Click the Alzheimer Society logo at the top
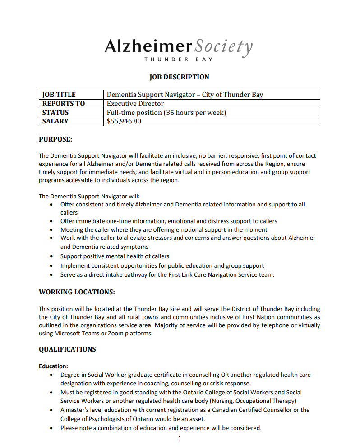click(x=179, y=47)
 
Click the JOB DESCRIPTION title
click(x=179, y=77)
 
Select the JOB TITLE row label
click(x=59, y=95)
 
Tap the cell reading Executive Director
click(x=135, y=104)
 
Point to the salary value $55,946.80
click(x=124, y=121)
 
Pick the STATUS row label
click(x=55, y=113)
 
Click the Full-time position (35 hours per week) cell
click(x=166, y=113)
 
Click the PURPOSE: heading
click(x=55, y=140)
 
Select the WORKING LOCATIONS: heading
click(x=77, y=292)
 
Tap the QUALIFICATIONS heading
click(x=67, y=349)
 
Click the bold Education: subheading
click(x=53, y=366)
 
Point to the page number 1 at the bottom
click(x=180, y=439)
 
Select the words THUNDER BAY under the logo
click(x=179, y=59)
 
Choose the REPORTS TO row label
click(x=64, y=104)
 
